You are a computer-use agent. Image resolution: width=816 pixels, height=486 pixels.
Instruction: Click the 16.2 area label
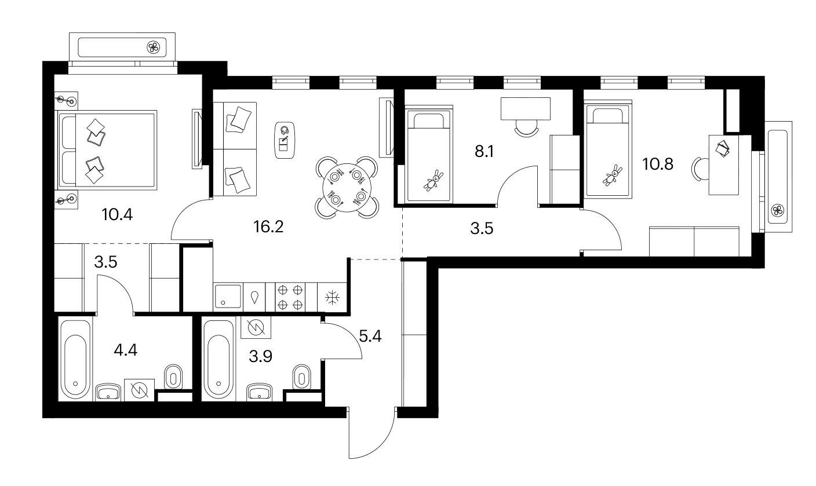(x=268, y=227)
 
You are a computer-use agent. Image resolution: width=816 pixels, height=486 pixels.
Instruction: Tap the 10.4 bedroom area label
(x=117, y=214)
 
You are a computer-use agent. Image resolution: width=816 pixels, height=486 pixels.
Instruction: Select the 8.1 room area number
(x=484, y=151)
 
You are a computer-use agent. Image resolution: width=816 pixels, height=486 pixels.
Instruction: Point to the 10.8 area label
(x=658, y=164)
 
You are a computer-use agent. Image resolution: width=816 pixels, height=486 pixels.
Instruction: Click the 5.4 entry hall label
(x=370, y=336)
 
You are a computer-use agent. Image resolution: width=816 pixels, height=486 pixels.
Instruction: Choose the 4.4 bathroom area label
(x=125, y=350)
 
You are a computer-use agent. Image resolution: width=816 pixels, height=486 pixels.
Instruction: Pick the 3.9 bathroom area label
(x=260, y=356)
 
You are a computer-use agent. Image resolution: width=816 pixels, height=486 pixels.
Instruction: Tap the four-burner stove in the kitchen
(x=290, y=297)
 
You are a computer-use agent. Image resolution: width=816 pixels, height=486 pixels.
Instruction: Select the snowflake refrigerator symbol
(x=332, y=298)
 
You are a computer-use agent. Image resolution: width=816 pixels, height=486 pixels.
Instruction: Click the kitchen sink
(x=228, y=296)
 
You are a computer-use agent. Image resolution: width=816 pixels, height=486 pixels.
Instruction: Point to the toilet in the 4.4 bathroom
(x=173, y=377)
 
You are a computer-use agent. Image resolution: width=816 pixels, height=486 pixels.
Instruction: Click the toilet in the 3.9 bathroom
(x=302, y=377)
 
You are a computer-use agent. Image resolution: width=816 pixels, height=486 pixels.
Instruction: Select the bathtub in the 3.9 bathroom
(x=218, y=359)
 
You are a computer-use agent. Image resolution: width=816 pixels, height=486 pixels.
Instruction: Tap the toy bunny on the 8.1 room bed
(x=434, y=180)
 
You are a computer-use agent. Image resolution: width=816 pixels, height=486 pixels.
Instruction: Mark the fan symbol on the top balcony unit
(x=154, y=47)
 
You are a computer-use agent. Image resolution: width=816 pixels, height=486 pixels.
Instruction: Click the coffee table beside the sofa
(x=285, y=140)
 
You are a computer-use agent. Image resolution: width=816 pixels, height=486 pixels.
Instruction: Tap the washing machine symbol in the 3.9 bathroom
(x=256, y=327)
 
